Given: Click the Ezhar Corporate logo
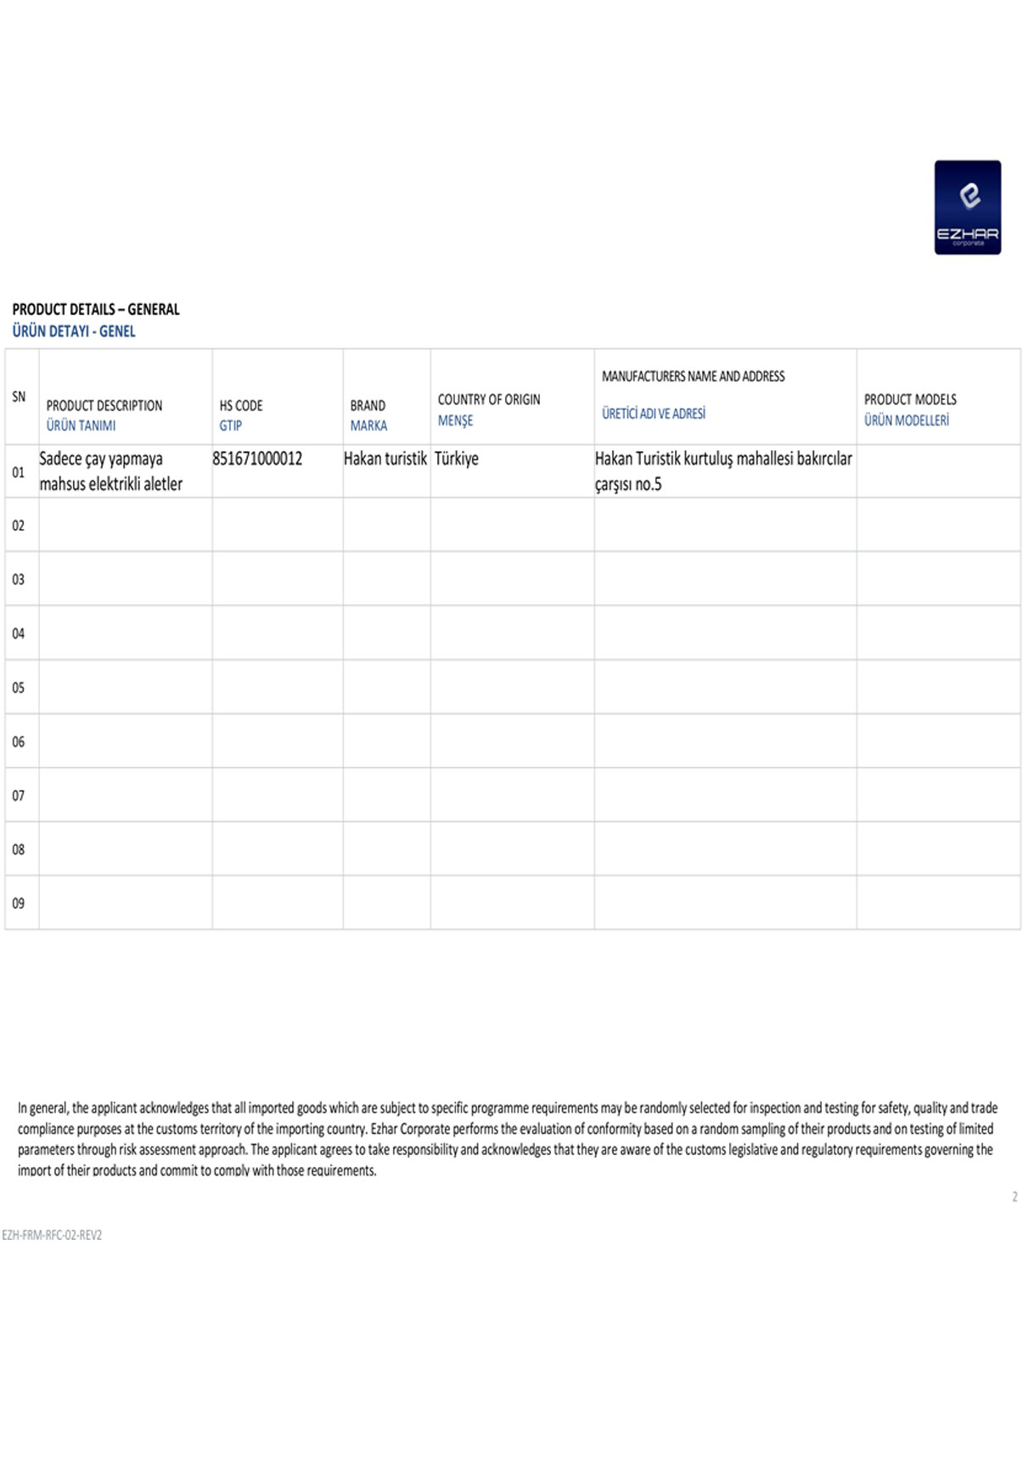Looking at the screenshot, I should point(967,207).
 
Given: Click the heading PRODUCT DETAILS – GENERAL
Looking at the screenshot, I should point(96,309).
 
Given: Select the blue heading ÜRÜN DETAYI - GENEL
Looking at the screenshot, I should point(74,331).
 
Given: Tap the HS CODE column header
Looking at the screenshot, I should point(241,406).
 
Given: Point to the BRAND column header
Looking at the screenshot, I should point(368,406).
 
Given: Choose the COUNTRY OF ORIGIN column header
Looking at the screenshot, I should point(488,399).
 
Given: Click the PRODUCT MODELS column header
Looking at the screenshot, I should point(910,399).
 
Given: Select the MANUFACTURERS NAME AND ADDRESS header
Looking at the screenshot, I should point(693,376).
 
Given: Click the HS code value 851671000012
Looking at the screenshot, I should point(257,459).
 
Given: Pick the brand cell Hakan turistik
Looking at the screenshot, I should point(385,459).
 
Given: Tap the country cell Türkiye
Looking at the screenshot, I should point(457,459).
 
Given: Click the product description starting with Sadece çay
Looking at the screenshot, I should point(110,470).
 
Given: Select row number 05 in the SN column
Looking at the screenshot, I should point(19,687).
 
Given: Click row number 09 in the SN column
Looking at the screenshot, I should point(19,903).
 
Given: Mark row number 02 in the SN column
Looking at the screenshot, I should point(19,526).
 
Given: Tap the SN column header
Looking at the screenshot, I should point(19,397).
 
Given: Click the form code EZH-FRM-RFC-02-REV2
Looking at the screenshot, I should point(52,1235).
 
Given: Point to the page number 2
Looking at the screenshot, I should point(1015,1197).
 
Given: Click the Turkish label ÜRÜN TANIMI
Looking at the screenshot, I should point(81,425).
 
